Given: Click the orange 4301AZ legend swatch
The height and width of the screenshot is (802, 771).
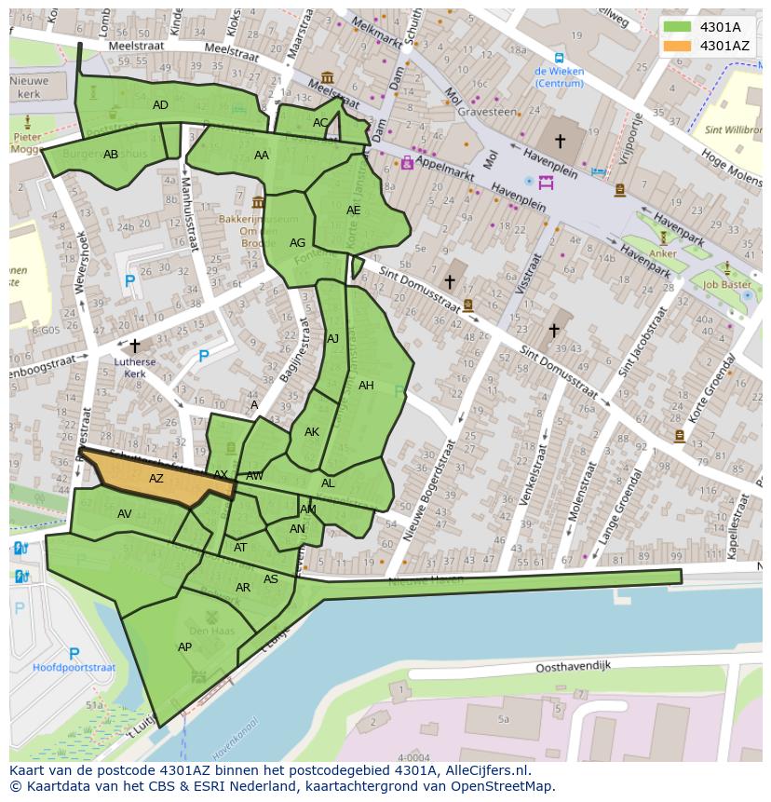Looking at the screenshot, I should click(677, 45).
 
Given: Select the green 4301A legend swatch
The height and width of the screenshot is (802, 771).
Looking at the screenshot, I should click(677, 27).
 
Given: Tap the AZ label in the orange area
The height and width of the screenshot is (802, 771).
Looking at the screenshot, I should click(156, 479).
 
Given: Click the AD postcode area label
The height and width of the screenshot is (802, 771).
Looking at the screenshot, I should click(160, 105).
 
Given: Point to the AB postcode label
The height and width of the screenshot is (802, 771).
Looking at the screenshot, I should click(111, 155).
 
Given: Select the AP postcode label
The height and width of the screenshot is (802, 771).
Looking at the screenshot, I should click(184, 647).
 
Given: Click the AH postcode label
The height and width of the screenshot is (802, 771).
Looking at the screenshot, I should click(366, 386).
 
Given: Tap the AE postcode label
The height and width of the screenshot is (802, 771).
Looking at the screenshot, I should click(353, 211).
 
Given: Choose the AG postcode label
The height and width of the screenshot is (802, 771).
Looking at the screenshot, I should click(297, 243).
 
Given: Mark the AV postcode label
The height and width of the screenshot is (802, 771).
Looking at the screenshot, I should click(124, 514).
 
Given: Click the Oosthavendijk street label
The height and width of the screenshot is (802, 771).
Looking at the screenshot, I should click(573, 668).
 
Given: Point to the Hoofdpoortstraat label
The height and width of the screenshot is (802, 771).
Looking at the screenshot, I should click(74, 668).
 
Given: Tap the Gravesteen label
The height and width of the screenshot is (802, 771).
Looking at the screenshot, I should click(486, 112).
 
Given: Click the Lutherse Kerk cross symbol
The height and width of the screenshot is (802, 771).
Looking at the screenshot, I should click(135, 346).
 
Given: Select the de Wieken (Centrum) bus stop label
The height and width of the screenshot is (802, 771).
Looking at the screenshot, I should click(559, 77).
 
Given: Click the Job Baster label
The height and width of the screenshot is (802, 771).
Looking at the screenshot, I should click(726, 285).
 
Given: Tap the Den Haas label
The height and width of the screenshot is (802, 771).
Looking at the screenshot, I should click(213, 631).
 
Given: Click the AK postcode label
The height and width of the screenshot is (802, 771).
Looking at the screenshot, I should click(312, 432).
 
